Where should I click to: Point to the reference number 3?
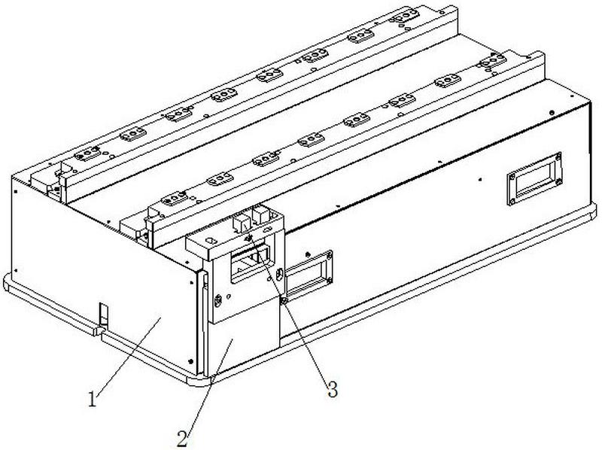click(x=330, y=389)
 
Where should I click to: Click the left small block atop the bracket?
click(x=242, y=221)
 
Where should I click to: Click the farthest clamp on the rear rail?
click(x=406, y=15)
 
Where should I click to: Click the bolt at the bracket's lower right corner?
click(x=284, y=301)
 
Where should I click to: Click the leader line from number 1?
click(x=128, y=354)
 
